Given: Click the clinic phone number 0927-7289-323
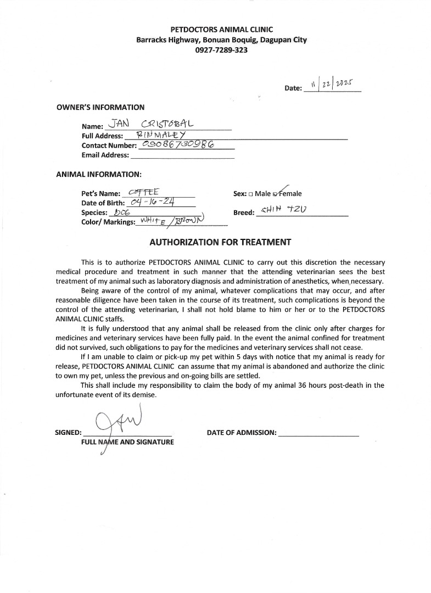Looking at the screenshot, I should point(221,50).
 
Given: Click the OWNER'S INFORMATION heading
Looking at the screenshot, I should point(100,108).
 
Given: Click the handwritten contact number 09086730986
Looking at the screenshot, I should point(178,144).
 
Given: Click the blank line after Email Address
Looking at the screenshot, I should point(182,155).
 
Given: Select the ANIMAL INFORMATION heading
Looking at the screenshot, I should point(99,175).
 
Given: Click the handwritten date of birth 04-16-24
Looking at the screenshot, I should point(154,202).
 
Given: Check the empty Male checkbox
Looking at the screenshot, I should point(250,194).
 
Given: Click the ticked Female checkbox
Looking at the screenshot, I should point(276,194).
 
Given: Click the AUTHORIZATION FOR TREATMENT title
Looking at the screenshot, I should point(220,242).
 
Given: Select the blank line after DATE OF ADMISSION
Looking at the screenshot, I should point(319,433).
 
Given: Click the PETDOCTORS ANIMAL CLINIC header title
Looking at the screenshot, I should point(222,30).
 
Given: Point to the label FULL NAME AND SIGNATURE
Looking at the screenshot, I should point(127,441).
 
